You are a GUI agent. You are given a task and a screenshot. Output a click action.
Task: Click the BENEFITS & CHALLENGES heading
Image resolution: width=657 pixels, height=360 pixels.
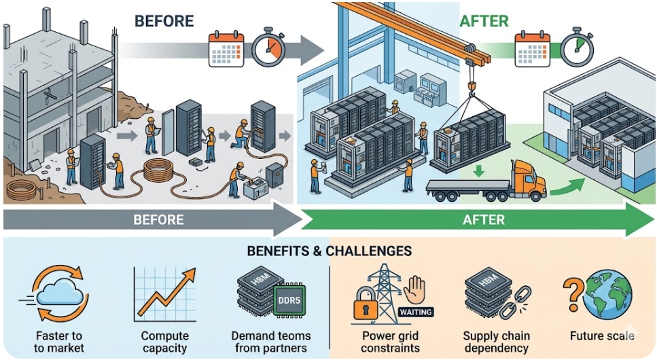[330, 251]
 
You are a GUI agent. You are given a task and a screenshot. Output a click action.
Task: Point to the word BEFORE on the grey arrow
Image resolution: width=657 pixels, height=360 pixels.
[158, 219]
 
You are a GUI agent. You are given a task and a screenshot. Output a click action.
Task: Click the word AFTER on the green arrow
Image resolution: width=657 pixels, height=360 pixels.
[483, 219]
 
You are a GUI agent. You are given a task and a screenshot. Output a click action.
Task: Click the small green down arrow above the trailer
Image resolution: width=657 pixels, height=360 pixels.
[480, 170]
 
